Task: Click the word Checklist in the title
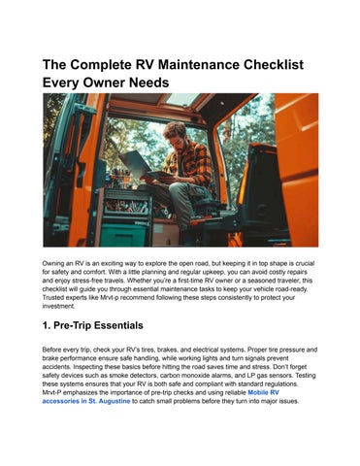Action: point(274,64)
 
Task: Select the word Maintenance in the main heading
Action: point(199,64)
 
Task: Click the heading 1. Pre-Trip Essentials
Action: point(93,325)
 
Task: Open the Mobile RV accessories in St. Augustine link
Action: point(161,397)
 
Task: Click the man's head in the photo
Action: point(176,133)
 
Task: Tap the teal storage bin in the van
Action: point(123,235)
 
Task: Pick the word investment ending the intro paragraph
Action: point(58,306)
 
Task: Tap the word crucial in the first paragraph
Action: point(305,263)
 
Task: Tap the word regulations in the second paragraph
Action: point(281,383)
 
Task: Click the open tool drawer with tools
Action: point(127,207)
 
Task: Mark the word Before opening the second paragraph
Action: point(50,349)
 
